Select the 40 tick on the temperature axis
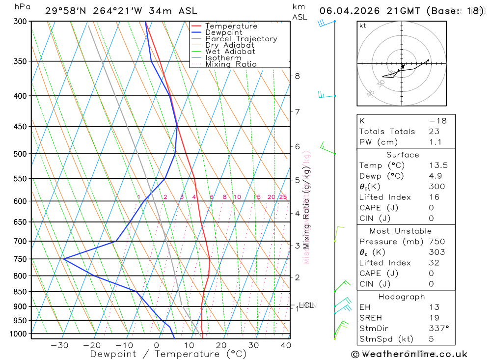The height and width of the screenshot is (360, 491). click(x=285, y=345)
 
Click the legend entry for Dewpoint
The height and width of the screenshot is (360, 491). click(x=223, y=32)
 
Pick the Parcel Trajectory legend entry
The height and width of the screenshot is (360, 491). click(x=241, y=39)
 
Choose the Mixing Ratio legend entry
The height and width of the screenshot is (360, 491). click(x=231, y=64)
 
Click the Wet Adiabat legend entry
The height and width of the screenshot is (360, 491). click(x=230, y=52)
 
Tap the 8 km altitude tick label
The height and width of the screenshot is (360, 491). click(x=297, y=76)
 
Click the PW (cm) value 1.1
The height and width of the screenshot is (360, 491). click(x=435, y=142)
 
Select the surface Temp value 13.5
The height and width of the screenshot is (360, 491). click(x=438, y=166)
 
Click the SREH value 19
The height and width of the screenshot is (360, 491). click(x=434, y=318)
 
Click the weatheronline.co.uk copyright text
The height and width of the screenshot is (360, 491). click(x=409, y=354)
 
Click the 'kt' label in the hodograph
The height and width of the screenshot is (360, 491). click(x=363, y=26)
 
